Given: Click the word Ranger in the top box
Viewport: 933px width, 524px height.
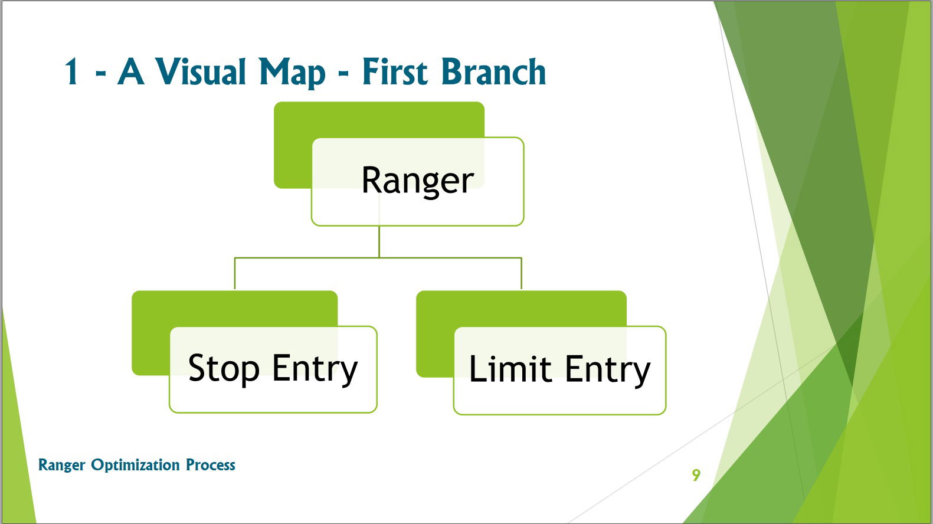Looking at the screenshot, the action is pos(418,181).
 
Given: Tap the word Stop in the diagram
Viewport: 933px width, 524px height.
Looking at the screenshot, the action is pos(224,369).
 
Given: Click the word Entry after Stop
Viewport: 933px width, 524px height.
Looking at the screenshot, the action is pos(315,369).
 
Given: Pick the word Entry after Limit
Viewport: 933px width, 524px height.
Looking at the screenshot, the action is pos(608,370).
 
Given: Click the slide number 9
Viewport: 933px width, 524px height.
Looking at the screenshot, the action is pos(696,475).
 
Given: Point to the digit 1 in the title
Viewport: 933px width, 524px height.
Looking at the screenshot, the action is pos(71,71).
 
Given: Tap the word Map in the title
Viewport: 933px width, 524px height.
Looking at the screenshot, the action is pos(292,73).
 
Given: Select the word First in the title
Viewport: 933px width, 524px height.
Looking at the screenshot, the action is pos(395,71).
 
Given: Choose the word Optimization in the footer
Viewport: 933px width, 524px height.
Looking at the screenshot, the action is pos(135,465).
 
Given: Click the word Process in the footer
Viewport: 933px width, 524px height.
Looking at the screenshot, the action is pos(210,465).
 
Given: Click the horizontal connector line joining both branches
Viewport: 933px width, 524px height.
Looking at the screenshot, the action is pos(378,258).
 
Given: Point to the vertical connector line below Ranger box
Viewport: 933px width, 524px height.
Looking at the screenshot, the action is pos(379,241).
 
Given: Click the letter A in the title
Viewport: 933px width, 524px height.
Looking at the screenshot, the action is pos(131,71).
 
